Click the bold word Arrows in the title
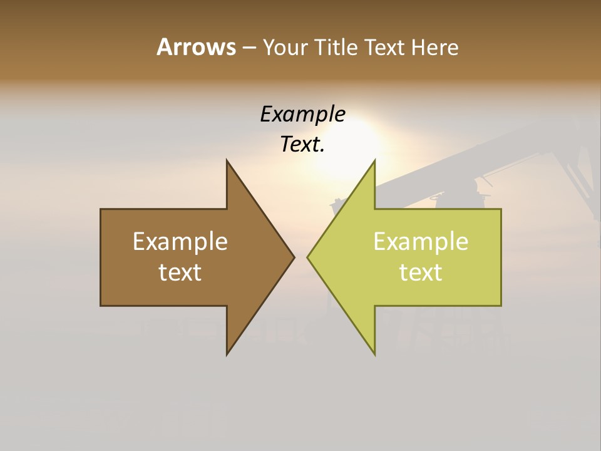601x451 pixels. click(x=196, y=47)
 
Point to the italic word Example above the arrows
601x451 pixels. click(x=302, y=114)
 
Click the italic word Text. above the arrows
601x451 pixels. click(x=302, y=144)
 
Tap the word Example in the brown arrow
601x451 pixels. click(x=180, y=241)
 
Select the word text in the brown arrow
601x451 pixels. click(x=180, y=272)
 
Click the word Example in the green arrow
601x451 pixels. click(x=421, y=241)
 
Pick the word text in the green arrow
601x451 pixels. click(x=421, y=272)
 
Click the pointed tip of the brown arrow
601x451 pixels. click(x=294, y=257)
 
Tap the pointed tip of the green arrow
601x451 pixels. click(x=307, y=257)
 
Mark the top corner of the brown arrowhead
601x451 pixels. click(x=227, y=160)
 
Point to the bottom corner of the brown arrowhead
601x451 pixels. click(x=227, y=354)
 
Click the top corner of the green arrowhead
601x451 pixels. click(x=374, y=160)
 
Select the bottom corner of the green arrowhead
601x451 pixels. click(x=374, y=354)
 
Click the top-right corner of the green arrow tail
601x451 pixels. click(x=501, y=209)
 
